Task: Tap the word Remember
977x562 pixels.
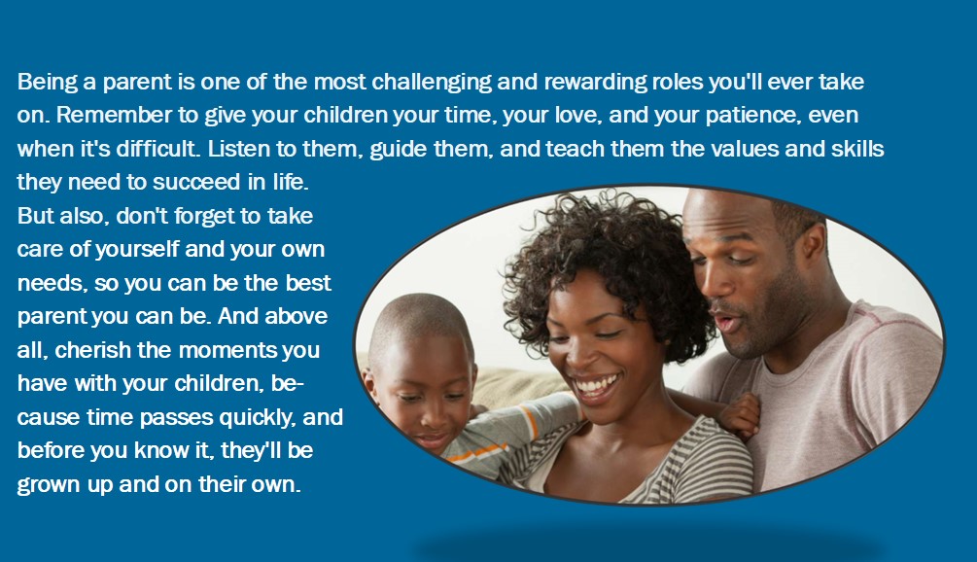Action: coord(114,116)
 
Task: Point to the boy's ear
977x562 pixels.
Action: coord(369,379)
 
